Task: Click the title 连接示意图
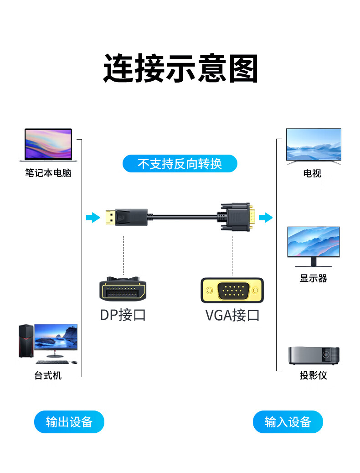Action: pyautogui.click(x=180, y=68)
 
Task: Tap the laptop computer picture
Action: pyautogui.click(x=48, y=145)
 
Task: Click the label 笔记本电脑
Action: pyautogui.click(x=48, y=173)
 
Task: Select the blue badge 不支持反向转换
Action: pyautogui.click(x=180, y=163)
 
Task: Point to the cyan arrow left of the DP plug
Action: pyautogui.click(x=93, y=218)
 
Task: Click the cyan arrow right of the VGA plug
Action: pyautogui.click(x=265, y=218)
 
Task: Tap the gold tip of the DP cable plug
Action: pyautogui.click(x=110, y=218)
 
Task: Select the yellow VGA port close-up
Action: pyautogui.click(x=232, y=291)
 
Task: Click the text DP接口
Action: pyautogui.click(x=123, y=315)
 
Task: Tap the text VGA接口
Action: pyautogui.click(x=232, y=315)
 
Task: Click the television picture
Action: pyautogui.click(x=314, y=145)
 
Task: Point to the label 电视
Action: pyautogui.click(x=312, y=173)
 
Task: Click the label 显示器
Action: pyautogui.click(x=313, y=278)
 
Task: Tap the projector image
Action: pyautogui.click(x=313, y=355)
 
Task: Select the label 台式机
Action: pyautogui.click(x=48, y=376)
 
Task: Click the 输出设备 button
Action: pyautogui.click(x=69, y=422)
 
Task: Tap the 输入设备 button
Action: pyautogui.click(x=288, y=422)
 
